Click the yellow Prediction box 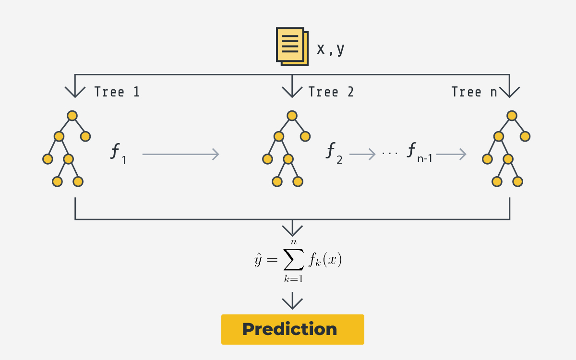293,329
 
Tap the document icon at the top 292,47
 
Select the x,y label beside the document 330,49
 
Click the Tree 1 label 117,92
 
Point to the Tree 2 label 331,92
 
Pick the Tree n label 474,92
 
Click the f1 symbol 118,154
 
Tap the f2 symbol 334,153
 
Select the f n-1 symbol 420,153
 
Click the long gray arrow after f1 180,154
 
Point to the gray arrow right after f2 362,154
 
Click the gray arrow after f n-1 451,154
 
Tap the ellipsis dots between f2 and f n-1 390,154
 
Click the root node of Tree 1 72,116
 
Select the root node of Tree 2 292,116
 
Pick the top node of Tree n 512,116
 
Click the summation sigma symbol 294,259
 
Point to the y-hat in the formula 258,260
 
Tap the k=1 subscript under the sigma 294,279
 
